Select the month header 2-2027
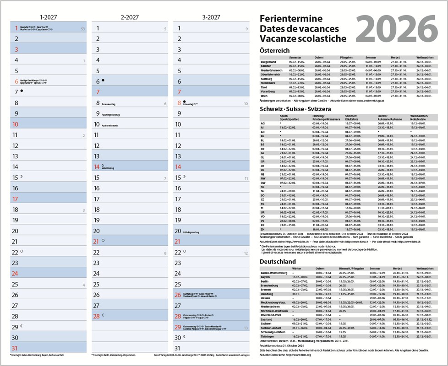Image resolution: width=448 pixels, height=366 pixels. (x=130, y=17)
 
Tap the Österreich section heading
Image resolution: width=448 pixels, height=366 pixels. (x=274, y=50)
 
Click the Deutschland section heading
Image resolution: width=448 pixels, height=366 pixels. (x=278, y=261)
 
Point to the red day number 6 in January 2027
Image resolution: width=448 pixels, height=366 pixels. (x=16, y=81)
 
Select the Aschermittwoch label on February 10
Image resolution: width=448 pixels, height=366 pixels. (x=110, y=125)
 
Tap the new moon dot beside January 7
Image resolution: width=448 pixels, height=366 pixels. (x=22, y=91)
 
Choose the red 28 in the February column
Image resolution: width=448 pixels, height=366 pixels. (x=97, y=316)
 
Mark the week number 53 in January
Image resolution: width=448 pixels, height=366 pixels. (x=82, y=29)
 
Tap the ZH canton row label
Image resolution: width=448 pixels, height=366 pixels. (x=262, y=229)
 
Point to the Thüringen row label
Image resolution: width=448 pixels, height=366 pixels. (x=268, y=336)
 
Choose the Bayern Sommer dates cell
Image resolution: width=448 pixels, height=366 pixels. (x=376, y=277)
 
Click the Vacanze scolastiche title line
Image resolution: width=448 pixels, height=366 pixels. (x=303, y=39)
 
